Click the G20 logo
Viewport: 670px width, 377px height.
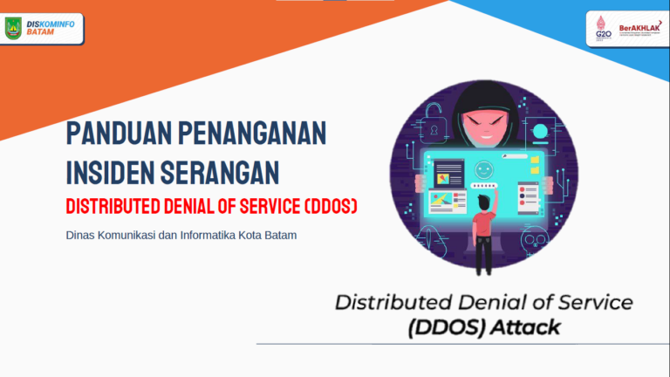pyautogui.click(x=602, y=29)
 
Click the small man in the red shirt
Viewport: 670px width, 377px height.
pyautogui.click(x=482, y=229)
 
